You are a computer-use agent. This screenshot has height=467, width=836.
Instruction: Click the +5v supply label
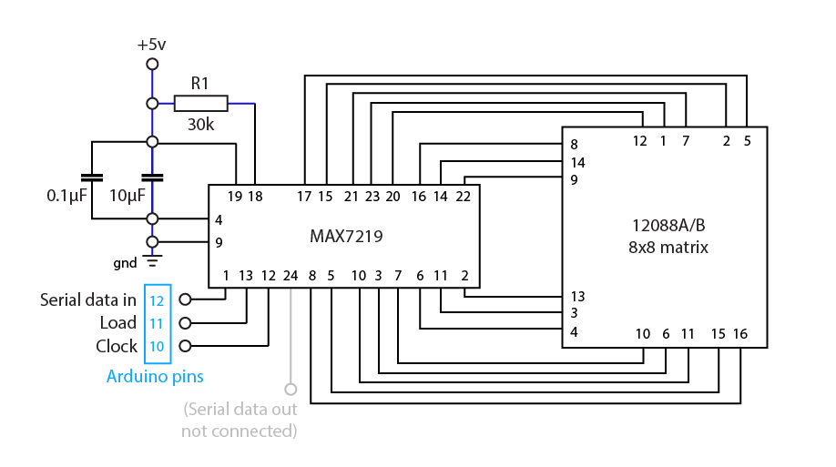pos(152,45)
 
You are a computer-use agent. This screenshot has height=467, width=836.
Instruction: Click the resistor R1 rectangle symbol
pos(200,103)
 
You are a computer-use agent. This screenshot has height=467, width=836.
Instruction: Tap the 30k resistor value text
pos(200,124)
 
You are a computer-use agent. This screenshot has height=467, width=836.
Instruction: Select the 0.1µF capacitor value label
pos(67,196)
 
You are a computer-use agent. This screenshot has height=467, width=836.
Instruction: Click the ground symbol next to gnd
pos(152,262)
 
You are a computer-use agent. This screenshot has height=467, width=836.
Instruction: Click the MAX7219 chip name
pos(346,236)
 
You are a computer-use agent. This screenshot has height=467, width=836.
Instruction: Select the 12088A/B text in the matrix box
pos(669,224)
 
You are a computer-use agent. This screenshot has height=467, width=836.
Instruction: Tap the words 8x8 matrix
pos(668,247)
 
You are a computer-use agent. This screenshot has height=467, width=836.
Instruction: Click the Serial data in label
pos(88,299)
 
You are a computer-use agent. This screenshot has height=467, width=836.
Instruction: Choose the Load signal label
pos(118,323)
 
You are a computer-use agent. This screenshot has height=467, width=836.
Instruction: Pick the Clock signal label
pos(117,347)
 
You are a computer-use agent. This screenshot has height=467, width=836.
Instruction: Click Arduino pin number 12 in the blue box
pos(157,299)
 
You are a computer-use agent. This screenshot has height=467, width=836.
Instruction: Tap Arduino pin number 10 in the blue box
pos(157,347)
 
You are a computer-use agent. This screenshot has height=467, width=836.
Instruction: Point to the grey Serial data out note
pos(240,419)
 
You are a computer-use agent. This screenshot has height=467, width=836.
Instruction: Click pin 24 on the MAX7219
pos(291,275)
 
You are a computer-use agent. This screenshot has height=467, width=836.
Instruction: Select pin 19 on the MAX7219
pos(236,196)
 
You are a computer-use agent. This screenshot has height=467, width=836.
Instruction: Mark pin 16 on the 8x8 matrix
pos(739,334)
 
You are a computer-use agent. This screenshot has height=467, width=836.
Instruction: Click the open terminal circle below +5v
pos(152,64)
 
